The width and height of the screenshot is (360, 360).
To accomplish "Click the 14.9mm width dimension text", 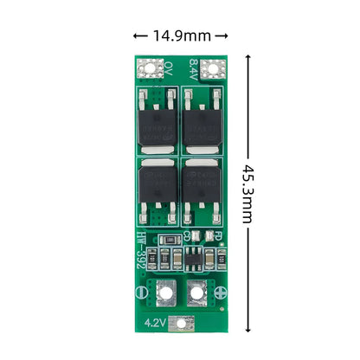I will pyautogui.click(x=180, y=35).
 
